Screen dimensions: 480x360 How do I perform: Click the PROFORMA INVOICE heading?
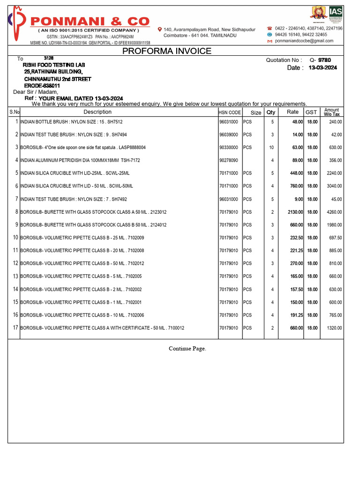tap(167, 51)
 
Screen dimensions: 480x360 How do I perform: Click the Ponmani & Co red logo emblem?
tap(17, 23)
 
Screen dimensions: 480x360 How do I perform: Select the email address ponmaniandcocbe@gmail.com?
tap(304, 41)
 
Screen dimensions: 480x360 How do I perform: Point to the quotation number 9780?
tap(324, 60)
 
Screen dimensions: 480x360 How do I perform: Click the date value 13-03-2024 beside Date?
tap(322, 68)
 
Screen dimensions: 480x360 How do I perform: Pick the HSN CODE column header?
tap(230, 112)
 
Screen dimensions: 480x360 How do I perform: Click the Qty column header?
tap(271, 112)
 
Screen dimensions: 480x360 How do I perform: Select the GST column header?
tap(311, 112)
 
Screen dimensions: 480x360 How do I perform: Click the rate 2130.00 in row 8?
tap(295, 212)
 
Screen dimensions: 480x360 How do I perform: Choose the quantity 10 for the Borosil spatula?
tap(271, 148)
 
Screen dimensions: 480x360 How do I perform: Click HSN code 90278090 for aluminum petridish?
tap(229, 160)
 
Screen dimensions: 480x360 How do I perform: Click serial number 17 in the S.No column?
tap(15, 328)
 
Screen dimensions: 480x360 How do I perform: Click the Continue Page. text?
tap(187, 348)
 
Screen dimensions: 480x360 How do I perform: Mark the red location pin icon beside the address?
tap(160, 29)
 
